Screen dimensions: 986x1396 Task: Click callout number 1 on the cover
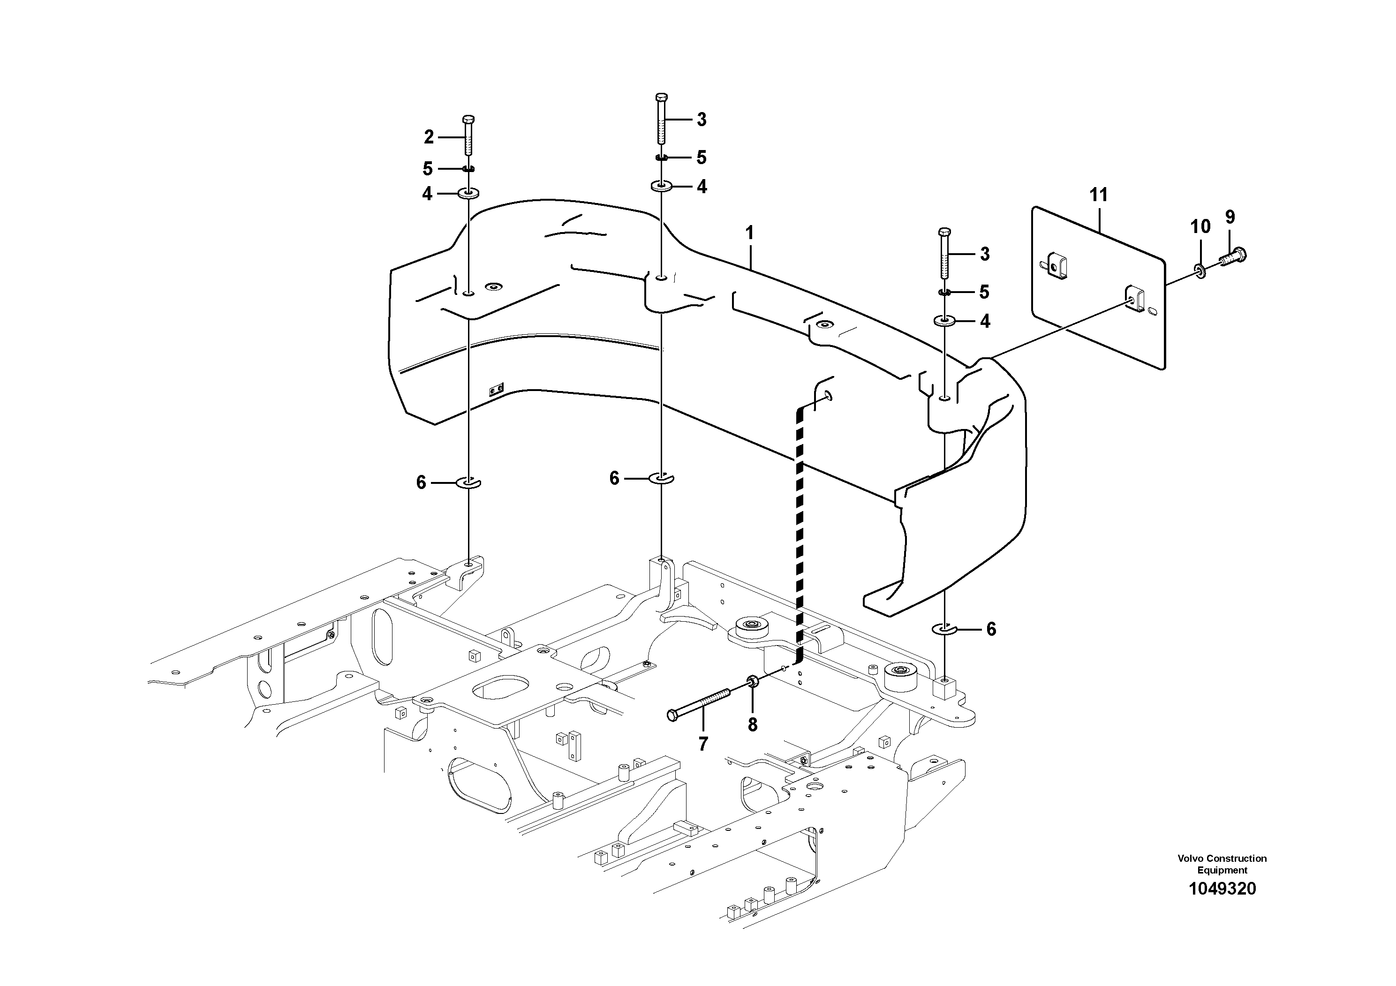click(x=750, y=233)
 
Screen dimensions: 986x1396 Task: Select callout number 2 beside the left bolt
click(x=429, y=137)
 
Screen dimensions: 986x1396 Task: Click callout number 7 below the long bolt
click(x=703, y=744)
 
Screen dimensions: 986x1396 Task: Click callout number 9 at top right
click(x=1230, y=217)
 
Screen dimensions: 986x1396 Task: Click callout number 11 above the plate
click(x=1099, y=195)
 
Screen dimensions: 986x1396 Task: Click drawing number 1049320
click(x=1222, y=889)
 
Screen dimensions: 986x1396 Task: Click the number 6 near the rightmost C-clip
click(x=991, y=629)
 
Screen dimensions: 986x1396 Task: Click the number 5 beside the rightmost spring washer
click(x=984, y=293)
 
